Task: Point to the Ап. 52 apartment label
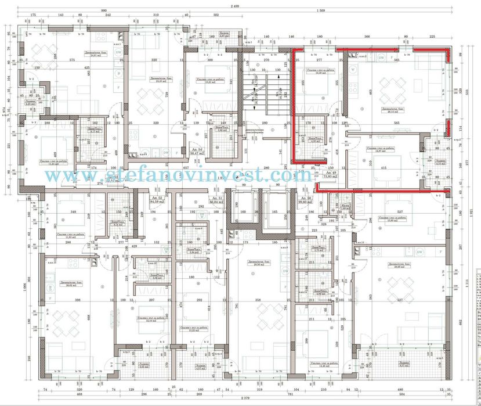[x=157, y=199]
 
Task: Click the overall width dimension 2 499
[x=235, y=6]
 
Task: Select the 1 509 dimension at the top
[x=321, y=12]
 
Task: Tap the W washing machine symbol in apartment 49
[x=352, y=69]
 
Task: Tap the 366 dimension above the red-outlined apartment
[x=367, y=36]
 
